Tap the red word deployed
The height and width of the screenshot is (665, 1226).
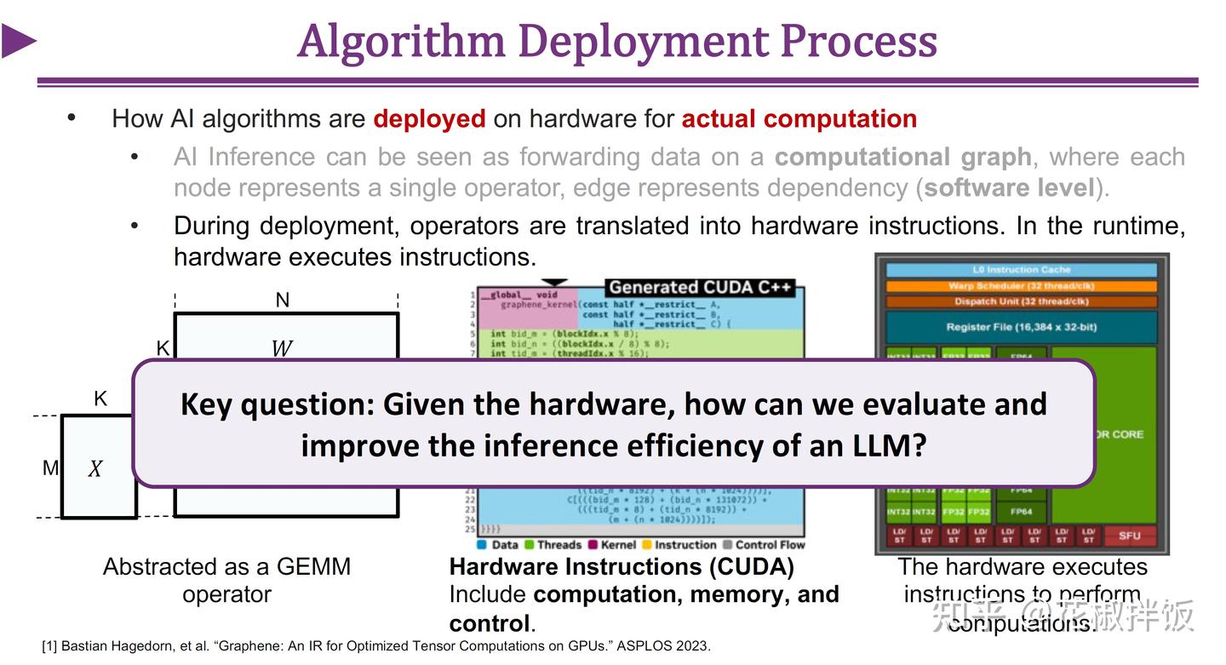(429, 118)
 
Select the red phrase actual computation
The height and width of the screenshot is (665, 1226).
(799, 118)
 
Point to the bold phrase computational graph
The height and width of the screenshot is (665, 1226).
(903, 158)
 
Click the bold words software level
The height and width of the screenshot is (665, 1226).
(1009, 187)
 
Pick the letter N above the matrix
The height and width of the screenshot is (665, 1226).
(283, 300)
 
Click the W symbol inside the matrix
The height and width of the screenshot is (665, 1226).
(281, 348)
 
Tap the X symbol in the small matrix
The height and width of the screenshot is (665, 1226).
(95, 468)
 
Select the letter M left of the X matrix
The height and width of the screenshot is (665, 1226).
(51, 467)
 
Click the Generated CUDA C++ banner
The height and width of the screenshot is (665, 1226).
(700, 288)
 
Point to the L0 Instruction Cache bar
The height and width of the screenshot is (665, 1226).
(1022, 270)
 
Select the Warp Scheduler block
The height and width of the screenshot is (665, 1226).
(1022, 286)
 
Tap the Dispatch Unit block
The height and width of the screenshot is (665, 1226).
(1022, 301)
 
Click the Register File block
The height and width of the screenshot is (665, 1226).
(1022, 327)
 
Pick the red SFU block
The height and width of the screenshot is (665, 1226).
(1129, 536)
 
